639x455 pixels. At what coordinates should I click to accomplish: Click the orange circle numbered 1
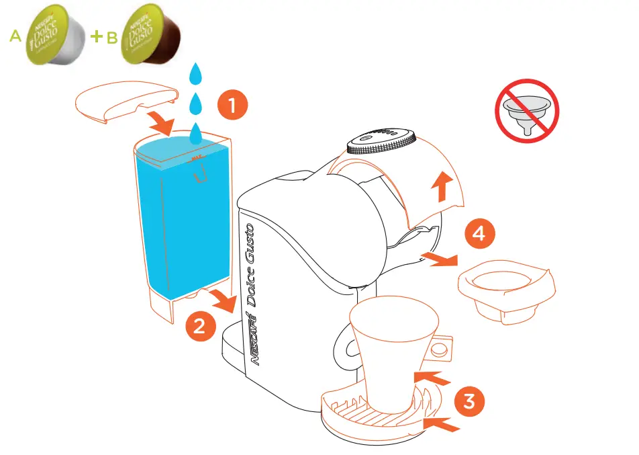coord(232,106)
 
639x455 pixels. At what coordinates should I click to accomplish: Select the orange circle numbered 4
coord(479,233)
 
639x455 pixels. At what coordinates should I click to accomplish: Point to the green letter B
coord(110,38)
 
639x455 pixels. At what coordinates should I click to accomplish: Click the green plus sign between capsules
coord(96,36)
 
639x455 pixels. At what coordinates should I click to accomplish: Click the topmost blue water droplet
coord(195,73)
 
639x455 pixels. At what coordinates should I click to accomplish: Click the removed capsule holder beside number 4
coord(506,286)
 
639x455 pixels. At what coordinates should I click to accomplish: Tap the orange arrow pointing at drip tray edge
coord(442,424)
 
